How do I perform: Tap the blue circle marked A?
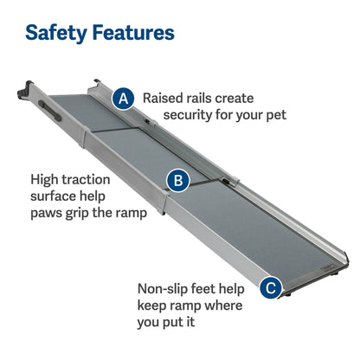(124, 99)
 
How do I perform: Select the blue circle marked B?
(178, 181)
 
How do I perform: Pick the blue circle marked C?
(272, 288)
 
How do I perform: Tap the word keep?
(155, 306)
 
